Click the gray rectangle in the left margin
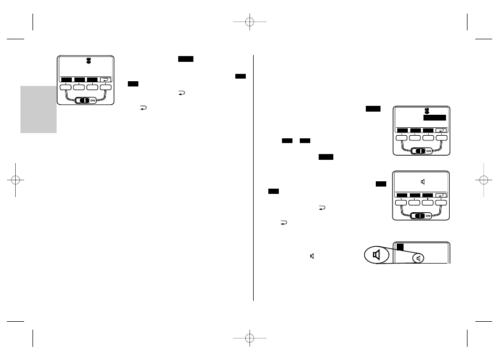click(x=39, y=110)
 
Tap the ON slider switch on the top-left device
click(x=85, y=101)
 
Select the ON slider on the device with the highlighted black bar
click(x=421, y=151)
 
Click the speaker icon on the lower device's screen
click(x=423, y=182)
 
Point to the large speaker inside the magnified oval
click(x=377, y=255)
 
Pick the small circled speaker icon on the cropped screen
click(x=418, y=258)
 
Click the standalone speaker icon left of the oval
click(x=312, y=256)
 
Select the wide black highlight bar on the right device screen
click(x=434, y=118)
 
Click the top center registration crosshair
click(x=249, y=21)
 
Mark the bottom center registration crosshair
click(x=249, y=338)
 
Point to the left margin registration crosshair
click(x=15, y=180)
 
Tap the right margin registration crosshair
click(x=484, y=180)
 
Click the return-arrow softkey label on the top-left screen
click(x=105, y=80)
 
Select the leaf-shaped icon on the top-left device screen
click(x=89, y=61)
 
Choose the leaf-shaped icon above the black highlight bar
click(x=427, y=111)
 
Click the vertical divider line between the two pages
click(x=254, y=178)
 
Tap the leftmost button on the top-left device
click(x=66, y=88)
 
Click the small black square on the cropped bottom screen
click(x=400, y=247)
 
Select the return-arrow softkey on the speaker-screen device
click(x=441, y=195)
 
